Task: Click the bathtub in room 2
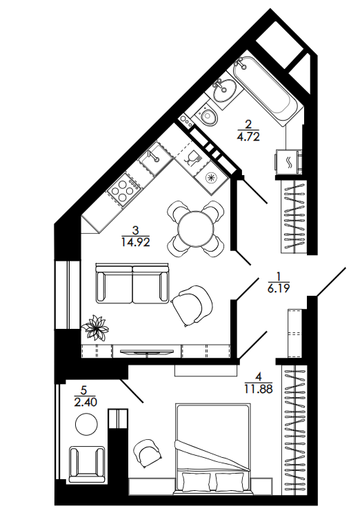coord(266,90)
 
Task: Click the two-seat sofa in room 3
coord(132,283)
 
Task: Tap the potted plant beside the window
coord(96,327)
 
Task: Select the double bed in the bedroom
coord(214,450)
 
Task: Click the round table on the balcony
coord(86,425)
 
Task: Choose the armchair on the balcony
coord(87,464)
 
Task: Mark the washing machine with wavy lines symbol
coord(288,162)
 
